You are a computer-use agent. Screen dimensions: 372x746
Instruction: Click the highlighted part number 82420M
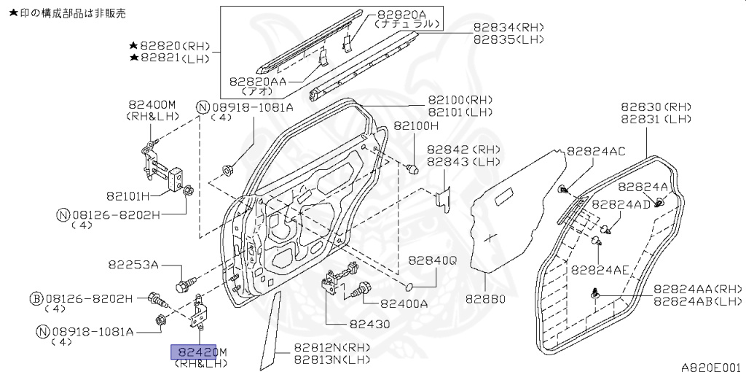point(199,352)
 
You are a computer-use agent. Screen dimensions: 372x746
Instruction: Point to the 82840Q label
point(432,260)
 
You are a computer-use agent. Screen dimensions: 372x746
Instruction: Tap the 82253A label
point(134,264)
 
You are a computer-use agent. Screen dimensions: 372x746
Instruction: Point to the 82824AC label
point(595,151)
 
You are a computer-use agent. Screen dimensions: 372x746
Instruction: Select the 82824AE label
point(600,269)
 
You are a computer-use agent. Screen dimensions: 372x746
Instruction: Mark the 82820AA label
point(259,82)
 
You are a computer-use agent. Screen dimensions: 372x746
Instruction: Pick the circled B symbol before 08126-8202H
point(35,298)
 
